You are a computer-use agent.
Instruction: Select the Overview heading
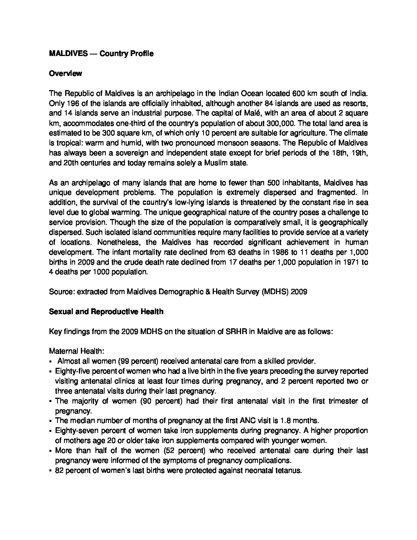coord(65,74)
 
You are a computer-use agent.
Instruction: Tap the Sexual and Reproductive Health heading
coord(106,312)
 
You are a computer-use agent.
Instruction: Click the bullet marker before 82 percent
coord(51,471)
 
